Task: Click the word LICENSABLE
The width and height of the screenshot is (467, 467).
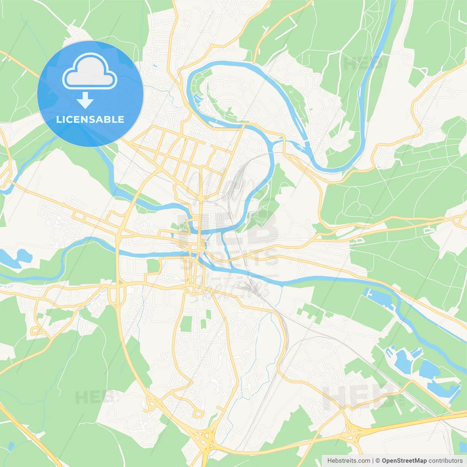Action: [x=90, y=119]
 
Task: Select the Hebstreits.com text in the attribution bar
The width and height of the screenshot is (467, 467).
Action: [x=348, y=461]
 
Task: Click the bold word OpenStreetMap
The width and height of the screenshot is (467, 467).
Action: [x=404, y=461]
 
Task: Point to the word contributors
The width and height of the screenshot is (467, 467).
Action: [x=445, y=461]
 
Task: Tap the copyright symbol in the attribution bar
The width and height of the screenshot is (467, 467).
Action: [x=378, y=461]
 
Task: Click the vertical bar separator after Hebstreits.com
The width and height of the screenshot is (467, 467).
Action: [x=373, y=461]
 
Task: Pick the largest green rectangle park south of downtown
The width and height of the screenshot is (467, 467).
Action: [x=186, y=324]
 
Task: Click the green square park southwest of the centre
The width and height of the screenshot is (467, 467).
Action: [x=153, y=266]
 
